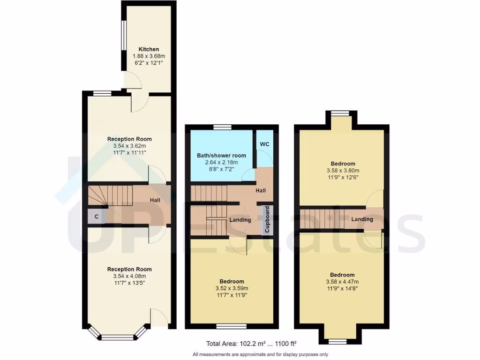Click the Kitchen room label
click(x=149, y=49)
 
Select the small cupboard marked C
click(x=96, y=217)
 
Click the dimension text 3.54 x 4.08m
click(x=129, y=277)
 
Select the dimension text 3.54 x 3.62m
click(x=129, y=146)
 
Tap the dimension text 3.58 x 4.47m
click(x=342, y=282)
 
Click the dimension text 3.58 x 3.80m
click(x=342, y=171)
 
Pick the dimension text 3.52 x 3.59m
click(x=232, y=288)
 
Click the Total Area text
click(x=251, y=343)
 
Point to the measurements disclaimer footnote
click(x=260, y=354)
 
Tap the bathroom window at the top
click(x=222, y=127)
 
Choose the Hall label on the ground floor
click(x=156, y=201)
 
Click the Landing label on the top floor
click(x=362, y=219)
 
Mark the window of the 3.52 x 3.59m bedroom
click(x=232, y=326)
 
